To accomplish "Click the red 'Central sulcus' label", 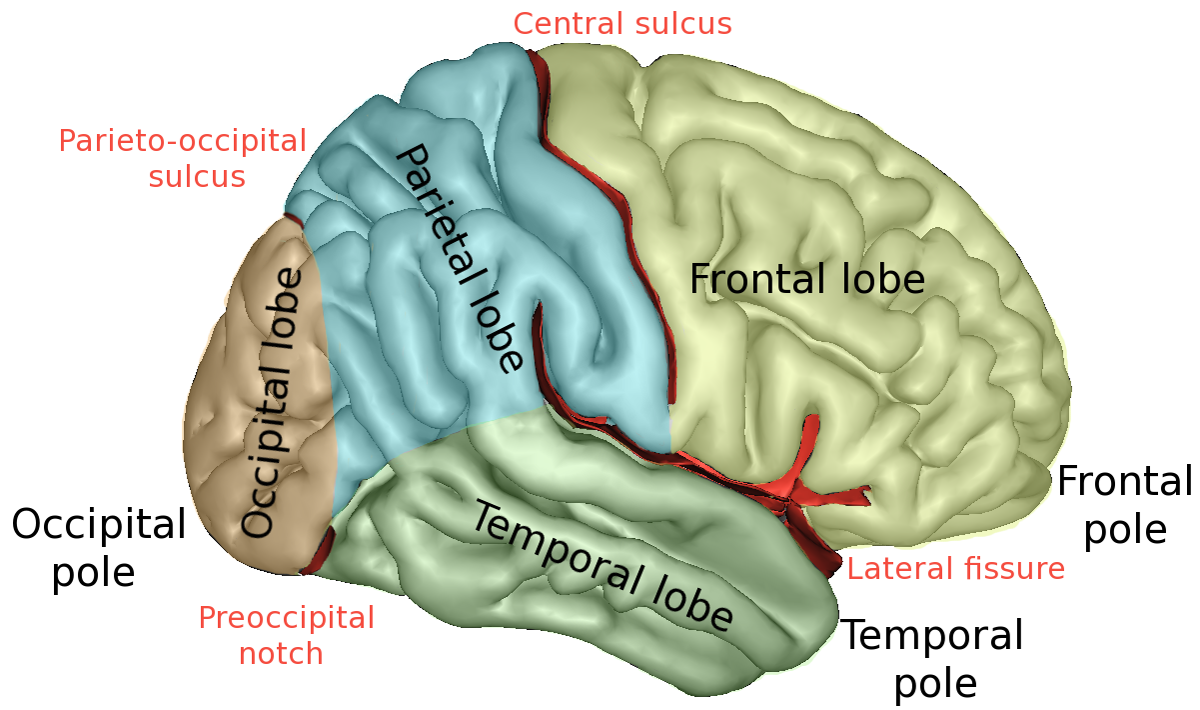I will coord(621,23).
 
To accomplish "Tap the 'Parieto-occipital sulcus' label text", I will coord(183,158).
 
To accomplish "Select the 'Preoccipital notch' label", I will coord(286,635).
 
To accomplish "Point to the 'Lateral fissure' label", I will coord(955,570).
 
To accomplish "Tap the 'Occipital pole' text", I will coord(98,548).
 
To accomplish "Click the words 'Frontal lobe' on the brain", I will coord(807,279).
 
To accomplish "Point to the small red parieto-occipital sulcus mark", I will coord(291,217).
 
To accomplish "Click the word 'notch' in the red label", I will coord(281,654).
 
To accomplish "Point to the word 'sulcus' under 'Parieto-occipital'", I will coord(196,177).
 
